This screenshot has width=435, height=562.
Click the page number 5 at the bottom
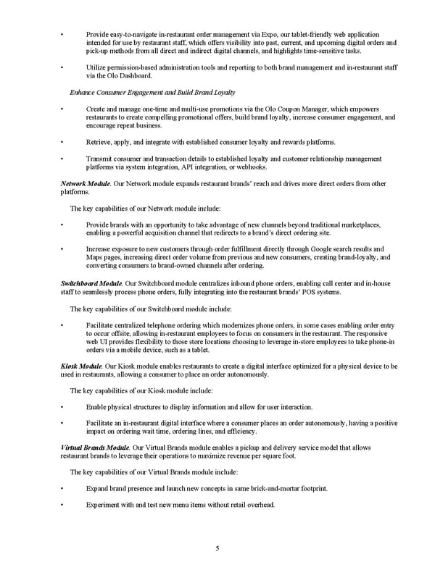click(x=217, y=548)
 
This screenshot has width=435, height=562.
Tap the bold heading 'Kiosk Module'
click(x=81, y=366)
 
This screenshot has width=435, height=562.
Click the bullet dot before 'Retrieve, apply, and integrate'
click(x=64, y=141)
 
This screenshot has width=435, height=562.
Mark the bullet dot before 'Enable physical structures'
click(x=64, y=407)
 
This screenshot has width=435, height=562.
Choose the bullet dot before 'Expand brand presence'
click(x=64, y=489)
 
